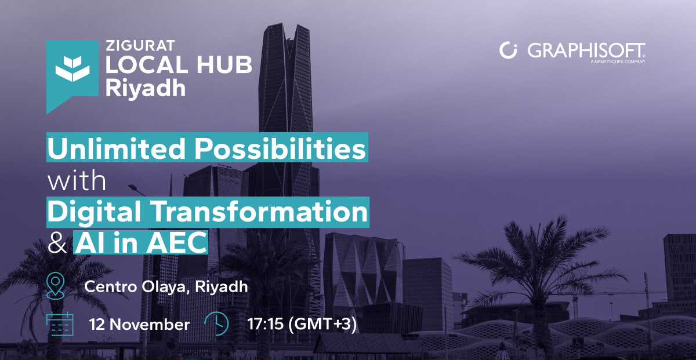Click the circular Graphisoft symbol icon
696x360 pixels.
tap(508, 50)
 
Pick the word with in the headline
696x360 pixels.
tap(77, 181)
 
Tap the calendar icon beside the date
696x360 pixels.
tap(60, 323)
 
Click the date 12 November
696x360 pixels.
tap(139, 324)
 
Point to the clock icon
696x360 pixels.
tap(217, 323)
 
